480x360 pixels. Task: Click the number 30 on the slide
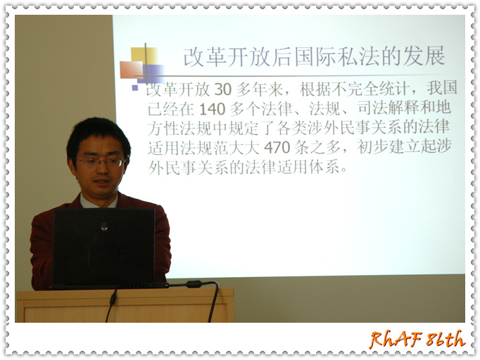(x=223, y=89)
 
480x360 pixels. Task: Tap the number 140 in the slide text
(x=212, y=109)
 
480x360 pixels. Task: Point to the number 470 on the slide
(x=277, y=148)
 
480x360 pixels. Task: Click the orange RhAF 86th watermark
(x=417, y=339)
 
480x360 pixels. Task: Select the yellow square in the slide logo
(x=144, y=56)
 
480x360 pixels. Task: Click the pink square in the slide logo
(x=131, y=70)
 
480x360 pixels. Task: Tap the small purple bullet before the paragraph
(x=134, y=88)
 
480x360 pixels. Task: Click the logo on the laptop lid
(x=104, y=226)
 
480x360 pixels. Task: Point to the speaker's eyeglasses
(x=101, y=162)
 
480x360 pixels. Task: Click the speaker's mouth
(x=102, y=182)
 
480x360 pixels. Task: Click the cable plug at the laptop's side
(x=195, y=284)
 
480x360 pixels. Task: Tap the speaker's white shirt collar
(x=99, y=202)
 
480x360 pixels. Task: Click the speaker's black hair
(x=98, y=133)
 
